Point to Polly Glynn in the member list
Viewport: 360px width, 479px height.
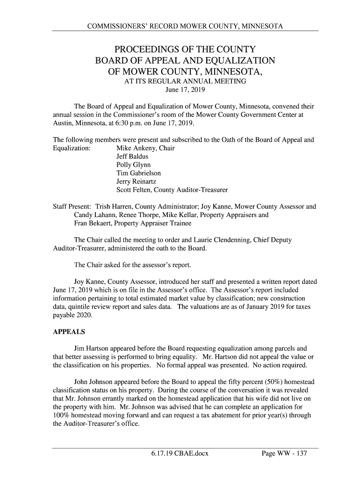click(133, 165)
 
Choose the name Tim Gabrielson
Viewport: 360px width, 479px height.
click(138, 174)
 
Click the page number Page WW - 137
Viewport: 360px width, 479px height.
click(284, 454)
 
